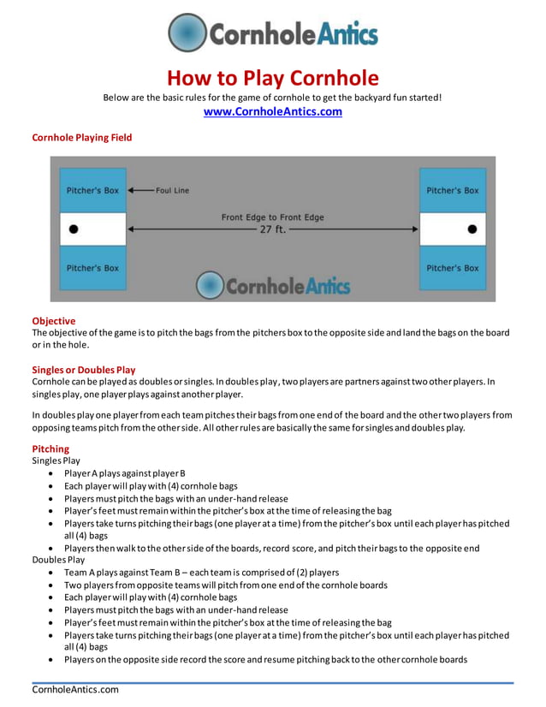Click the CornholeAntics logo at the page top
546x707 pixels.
tap(272, 33)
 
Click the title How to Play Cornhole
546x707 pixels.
tap(272, 79)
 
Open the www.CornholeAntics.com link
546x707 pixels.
tap(272, 111)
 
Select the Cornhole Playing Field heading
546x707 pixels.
tap(82, 137)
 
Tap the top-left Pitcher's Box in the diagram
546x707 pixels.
tap(92, 190)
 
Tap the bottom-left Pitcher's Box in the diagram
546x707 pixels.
tap(92, 268)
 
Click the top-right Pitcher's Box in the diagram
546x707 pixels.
tap(452, 190)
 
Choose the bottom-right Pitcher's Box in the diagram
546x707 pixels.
tap(452, 268)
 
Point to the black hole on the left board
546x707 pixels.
tap(73, 229)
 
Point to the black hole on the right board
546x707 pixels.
tap(472, 229)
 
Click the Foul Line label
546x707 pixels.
tap(172, 190)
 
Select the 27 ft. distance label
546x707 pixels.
tap(272, 230)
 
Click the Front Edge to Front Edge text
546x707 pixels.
tap(272, 217)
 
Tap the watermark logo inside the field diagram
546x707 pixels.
tap(272, 285)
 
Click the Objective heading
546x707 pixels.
tap(54, 321)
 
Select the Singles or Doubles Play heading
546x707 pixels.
tap(84, 370)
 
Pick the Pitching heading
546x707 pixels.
tap(50, 449)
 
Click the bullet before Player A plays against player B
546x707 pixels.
tap(54, 473)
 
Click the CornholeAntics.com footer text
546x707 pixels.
tap(75, 690)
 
